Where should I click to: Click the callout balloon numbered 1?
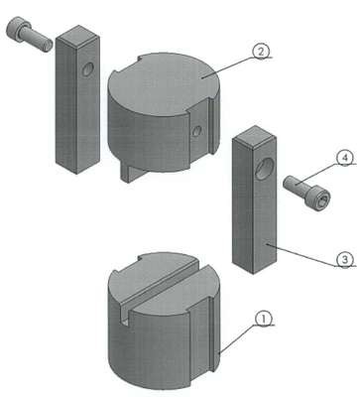pos(263,319)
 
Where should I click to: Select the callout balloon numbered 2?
pos(261,52)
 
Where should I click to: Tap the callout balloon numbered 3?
pos(345,260)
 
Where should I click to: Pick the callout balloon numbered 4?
pos(345,158)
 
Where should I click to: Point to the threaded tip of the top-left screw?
pos(48,45)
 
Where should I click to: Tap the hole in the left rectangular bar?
pos(88,69)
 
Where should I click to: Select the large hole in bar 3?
pos(265,169)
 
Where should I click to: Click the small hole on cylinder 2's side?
pos(196,130)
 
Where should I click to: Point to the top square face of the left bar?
pos(78,35)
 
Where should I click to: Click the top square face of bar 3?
pos(255,136)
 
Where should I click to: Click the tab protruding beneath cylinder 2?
pos(131,173)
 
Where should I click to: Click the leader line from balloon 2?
pos(229,67)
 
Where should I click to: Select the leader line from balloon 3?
pos(302,255)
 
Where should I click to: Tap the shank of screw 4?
pos(297,185)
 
